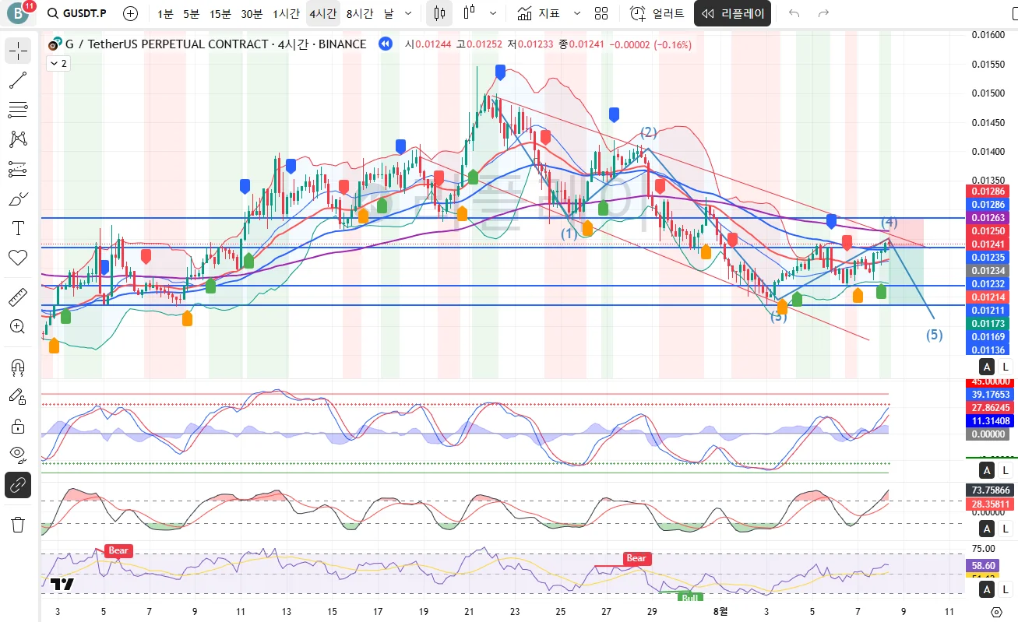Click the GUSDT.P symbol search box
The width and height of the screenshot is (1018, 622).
pyautogui.click(x=77, y=13)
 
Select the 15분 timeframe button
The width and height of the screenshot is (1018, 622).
pyautogui.click(x=220, y=13)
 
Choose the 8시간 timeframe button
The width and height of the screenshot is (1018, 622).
pyautogui.click(x=360, y=13)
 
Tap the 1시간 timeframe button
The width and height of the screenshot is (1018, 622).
pyautogui.click(x=286, y=13)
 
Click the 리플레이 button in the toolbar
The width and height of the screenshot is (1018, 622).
pyautogui.click(x=733, y=13)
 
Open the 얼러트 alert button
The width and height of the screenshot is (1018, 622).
pyautogui.click(x=658, y=13)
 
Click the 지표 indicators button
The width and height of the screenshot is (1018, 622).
pyautogui.click(x=539, y=13)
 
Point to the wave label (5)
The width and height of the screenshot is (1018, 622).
pyautogui.click(x=934, y=336)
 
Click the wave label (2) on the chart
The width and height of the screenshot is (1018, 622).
pyautogui.click(x=649, y=132)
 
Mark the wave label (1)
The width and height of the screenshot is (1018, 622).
pyautogui.click(x=569, y=233)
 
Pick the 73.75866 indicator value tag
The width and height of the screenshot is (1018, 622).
pyautogui.click(x=990, y=490)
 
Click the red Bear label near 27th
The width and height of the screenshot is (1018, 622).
pyautogui.click(x=636, y=558)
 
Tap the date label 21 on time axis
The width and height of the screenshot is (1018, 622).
pyautogui.click(x=469, y=612)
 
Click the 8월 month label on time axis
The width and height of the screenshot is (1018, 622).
pyautogui.click(x=721, y=612)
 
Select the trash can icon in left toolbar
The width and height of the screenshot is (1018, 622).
pyautogui.click(x=17, y=524)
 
